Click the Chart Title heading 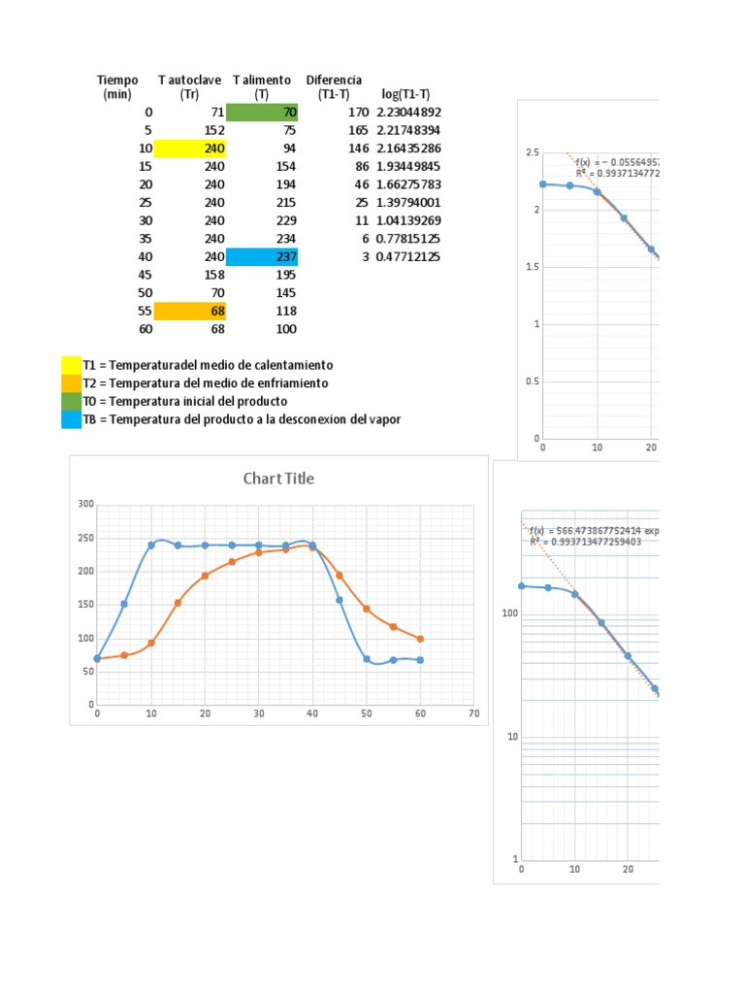coord(278,479)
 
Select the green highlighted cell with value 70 coord(262,113)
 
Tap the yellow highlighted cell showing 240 coord(190,149)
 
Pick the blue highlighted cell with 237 coord(262,257)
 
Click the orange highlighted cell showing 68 coord(190,312)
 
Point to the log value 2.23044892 coord(408,113)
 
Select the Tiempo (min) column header coord(117,86)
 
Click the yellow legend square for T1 coord(71,365)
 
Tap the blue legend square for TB coord(71,419)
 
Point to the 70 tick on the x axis coord(473,714)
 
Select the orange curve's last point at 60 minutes coord(420,639)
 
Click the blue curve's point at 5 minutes coord(124,604)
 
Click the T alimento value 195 coord(284,275)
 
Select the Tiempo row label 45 coord(146,275)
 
